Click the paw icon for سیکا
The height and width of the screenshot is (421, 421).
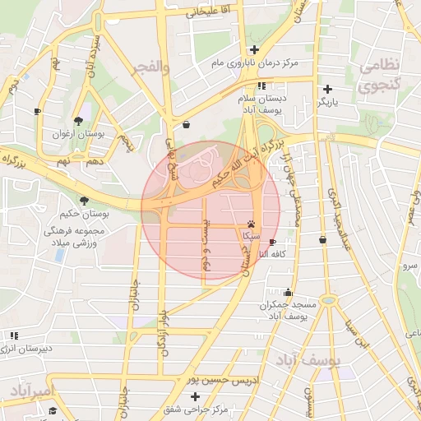coord(251,224)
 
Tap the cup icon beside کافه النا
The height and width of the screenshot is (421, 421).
coord(273,241)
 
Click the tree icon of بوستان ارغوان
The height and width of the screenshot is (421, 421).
coord(78,120)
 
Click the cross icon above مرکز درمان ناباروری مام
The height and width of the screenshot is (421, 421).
coord(254,50)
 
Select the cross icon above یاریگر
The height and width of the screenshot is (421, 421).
coord(328,89)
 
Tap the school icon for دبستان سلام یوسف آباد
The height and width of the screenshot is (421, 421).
coord(261,86)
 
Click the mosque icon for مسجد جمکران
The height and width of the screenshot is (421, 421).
coord(287,293)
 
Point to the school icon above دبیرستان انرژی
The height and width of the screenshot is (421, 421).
coord(14,335)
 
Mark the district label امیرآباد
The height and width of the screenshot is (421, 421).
coord(26,388)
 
